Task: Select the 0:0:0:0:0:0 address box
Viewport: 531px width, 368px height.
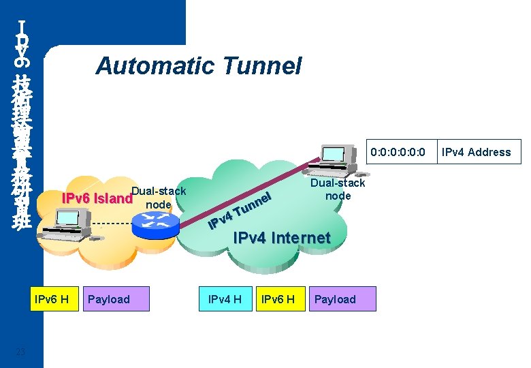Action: [397, 152]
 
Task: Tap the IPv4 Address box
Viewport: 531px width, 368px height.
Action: [476, 152]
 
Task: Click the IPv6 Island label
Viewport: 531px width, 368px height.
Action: [96, 199]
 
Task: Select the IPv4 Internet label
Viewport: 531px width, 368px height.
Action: [281, 238]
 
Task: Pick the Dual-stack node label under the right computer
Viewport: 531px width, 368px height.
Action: [338, 189]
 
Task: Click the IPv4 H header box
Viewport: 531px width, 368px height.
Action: [225, 299]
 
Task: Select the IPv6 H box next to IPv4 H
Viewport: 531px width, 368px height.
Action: [278, 299]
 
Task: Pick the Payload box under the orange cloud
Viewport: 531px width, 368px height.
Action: [115, 299]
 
